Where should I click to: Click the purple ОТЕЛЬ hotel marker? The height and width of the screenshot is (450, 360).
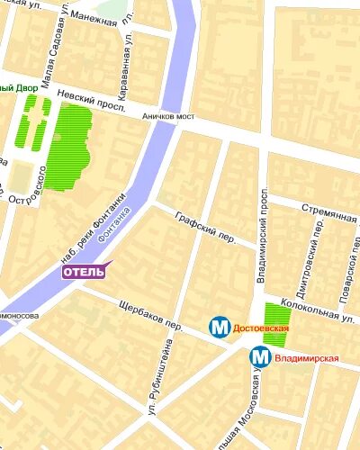click(x=84, y=272)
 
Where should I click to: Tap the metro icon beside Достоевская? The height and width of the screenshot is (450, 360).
click(x=220, y=328)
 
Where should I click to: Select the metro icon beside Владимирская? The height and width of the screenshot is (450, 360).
click(x=260, y=357)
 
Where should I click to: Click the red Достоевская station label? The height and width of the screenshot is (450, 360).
click(x=260, y=329)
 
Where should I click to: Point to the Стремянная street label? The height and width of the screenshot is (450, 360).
click(x=329, y=216)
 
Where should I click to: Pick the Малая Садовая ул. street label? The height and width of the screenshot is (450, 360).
click(x=47, y=53)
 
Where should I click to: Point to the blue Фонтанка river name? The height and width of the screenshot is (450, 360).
click(x=113, y=227)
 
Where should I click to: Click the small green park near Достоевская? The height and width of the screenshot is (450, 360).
click(x=275, y=329)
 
